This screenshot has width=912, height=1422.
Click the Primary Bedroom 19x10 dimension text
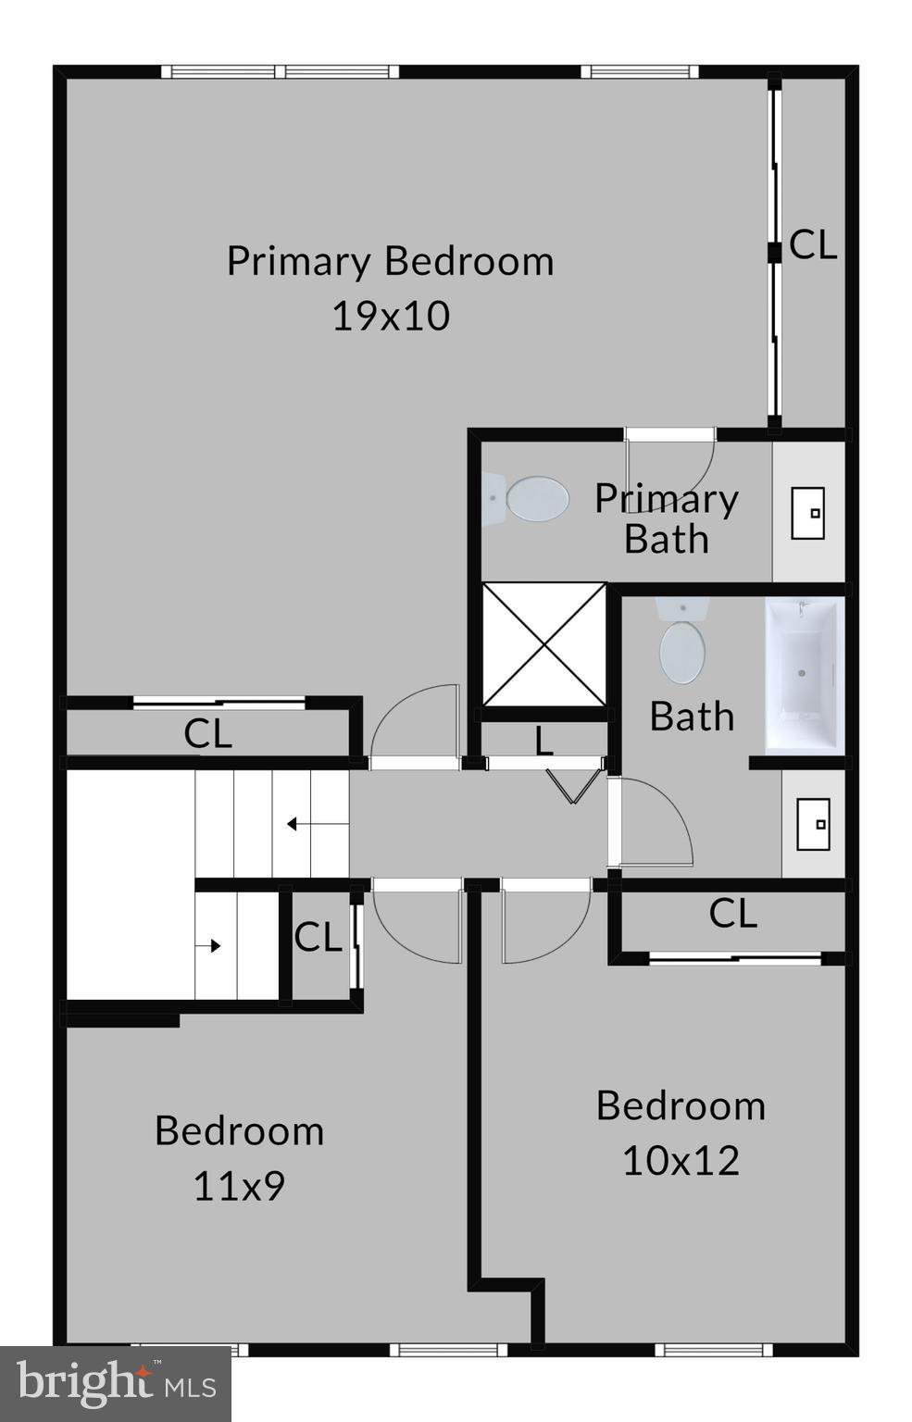coord(391,317)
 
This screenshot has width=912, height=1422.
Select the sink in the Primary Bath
coord(808,512)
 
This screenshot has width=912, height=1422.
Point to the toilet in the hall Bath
coord(681,643)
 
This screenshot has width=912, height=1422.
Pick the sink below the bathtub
coord(813,824)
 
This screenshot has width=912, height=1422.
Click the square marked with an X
coord(543,644)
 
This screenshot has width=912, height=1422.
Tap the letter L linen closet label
coord(543,741)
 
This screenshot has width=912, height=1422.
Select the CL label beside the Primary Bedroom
coord(813,245)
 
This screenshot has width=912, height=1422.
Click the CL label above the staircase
coord(207,734)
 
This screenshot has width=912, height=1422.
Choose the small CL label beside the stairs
coord(318,938)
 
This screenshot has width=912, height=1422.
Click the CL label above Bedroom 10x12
coord(732,914)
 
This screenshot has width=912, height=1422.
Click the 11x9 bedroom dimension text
coord(239,1186)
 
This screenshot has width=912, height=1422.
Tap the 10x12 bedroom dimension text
coord(681,1161)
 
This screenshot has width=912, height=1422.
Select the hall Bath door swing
coord(653,822)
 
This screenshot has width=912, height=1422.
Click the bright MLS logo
coord(116,1384)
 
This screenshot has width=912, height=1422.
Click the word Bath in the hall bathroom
coord(692,717)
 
